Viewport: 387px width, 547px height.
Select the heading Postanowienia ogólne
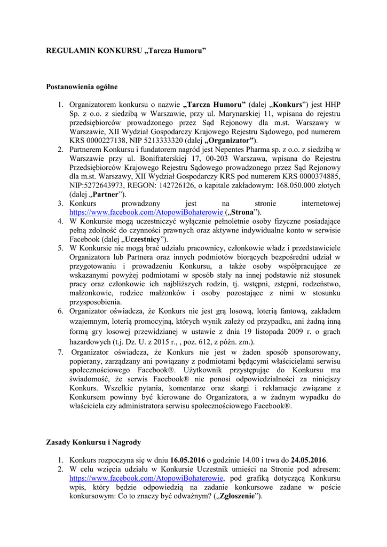(x=82, y=87)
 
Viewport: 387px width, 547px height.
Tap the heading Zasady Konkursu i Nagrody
(x=94, y=442)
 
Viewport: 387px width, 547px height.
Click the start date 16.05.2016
(x=187, y=460)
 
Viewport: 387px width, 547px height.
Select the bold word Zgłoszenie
(x=236, y=496)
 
